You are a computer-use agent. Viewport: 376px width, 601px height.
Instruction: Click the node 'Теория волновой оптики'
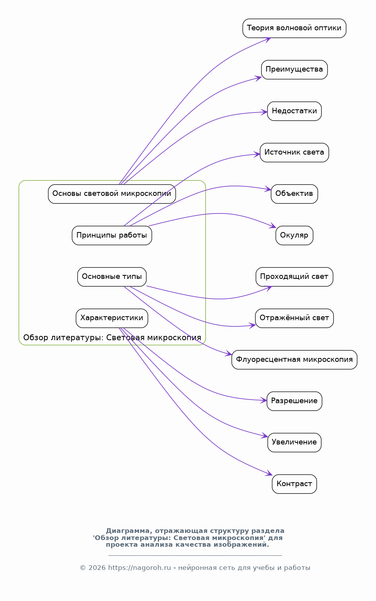(x=294, y=28)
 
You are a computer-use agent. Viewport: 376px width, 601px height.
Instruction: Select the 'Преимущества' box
(x=294, y=70)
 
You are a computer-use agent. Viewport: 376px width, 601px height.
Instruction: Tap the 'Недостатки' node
(x=294, y=111)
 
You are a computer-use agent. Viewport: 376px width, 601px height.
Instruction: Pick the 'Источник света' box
(x=294, y=152)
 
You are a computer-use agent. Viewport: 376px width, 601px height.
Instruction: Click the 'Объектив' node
(x=294, y=194)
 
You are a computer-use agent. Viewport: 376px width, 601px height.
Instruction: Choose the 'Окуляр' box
(x=294, y=235)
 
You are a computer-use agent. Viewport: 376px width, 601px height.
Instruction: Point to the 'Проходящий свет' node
(x=294, y=277)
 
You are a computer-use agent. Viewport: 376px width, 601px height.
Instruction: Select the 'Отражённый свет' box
(x=294, y=318)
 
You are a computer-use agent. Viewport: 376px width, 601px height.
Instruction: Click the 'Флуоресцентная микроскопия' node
(x=294, y=359)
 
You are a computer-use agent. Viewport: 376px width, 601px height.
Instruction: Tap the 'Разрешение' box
(x=294, y=401)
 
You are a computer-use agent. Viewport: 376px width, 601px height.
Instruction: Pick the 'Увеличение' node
(x=294, y=442)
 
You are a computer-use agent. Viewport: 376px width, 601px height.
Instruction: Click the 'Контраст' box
(x=294, y=484)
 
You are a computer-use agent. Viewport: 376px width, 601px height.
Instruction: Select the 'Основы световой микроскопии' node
(x=112, y=194)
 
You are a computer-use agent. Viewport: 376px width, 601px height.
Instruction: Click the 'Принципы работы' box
(x=112, y=235)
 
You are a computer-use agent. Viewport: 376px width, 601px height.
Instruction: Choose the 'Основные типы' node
(x=112, y=277)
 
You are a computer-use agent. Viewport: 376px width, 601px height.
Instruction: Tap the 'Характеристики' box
(x=112, y=318)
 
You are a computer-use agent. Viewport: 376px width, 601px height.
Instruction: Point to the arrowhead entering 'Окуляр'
(x=273, y=226)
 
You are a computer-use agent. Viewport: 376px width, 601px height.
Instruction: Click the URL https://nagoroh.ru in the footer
(x=139, y=568)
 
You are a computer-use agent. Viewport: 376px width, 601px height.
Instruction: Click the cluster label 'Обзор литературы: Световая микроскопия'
(x=112, y=337)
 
